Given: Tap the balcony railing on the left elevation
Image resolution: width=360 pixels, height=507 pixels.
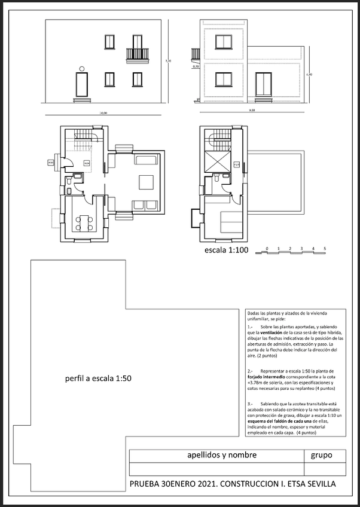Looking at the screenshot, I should click(137, 54).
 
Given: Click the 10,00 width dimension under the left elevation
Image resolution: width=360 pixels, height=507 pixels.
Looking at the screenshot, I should click(103, 112).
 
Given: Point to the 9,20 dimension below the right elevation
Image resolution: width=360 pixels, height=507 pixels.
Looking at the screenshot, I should click(252, 110).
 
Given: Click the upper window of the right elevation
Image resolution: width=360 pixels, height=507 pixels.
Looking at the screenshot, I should click(224, 41).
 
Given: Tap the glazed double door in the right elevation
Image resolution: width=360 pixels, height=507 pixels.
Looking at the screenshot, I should click(263, 84).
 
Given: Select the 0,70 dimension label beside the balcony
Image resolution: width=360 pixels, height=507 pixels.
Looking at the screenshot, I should click(196, 67).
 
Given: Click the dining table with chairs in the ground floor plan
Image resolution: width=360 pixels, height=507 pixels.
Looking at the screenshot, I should click(84, 222).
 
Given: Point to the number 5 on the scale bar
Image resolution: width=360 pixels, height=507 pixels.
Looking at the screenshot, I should click(324, 248).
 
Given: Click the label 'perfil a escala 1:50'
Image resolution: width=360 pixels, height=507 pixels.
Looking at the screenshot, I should click(97, 378).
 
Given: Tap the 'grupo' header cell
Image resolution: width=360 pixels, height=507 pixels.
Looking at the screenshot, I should click(321, 456).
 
